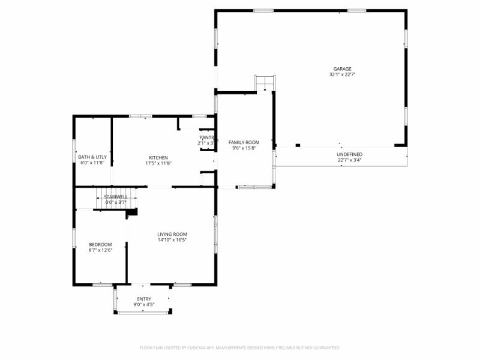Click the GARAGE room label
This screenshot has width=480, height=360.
[x=343, y=69]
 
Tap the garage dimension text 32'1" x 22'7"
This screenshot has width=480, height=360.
[x=343, y=75]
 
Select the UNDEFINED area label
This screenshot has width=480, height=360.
[x=349, y=154]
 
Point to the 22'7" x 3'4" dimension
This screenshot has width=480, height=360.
[x=349, y=160]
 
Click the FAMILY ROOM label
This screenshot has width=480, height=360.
[x=244, y=142]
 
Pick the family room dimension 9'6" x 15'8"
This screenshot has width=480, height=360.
[x=244, y=148]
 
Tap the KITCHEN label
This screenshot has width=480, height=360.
[x=158, y=157]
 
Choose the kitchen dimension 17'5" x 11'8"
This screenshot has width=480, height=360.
[x=158, y=163]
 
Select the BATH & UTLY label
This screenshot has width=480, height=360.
[x=92, y=157]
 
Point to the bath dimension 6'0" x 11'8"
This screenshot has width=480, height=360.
[x=92, y=163]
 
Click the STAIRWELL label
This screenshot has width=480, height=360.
[x=115, y=197]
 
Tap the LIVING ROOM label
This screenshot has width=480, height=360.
[x=172, y=234]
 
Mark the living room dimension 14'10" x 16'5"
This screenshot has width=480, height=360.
[x=172, y=240]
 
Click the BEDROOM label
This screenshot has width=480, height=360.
[x=100, y=244]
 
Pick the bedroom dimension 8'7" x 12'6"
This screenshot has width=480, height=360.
[x=100, y=250]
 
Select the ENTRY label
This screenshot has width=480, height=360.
[x=144, y=299]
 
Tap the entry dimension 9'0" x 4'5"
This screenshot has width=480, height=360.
[x=144, y=305]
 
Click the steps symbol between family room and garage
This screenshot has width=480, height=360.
[x=265, y=83]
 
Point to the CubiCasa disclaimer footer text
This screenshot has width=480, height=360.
[x=240, y=347]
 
